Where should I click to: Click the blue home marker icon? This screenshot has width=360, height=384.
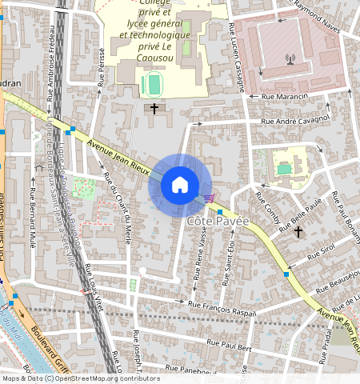(x=180, y=185)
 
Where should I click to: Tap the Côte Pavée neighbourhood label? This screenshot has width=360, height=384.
(x=218, y=220)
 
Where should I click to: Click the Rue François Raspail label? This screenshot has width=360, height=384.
(x=222, y=305)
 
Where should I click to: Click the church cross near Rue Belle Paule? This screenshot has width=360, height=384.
(x=298, y=232)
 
